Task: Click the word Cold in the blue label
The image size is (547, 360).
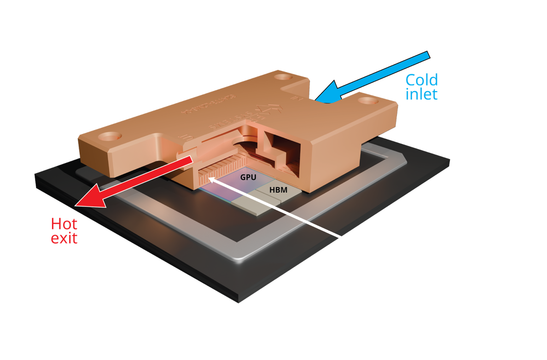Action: click(x=421, y=80)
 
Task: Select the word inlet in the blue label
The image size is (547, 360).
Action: click(x=421, y=94)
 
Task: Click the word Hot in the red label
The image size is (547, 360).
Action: click(x=64, y=225)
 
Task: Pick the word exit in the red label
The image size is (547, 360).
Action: click(x=64, y=238)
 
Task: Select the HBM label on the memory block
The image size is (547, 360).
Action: click(x=278, y=190)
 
